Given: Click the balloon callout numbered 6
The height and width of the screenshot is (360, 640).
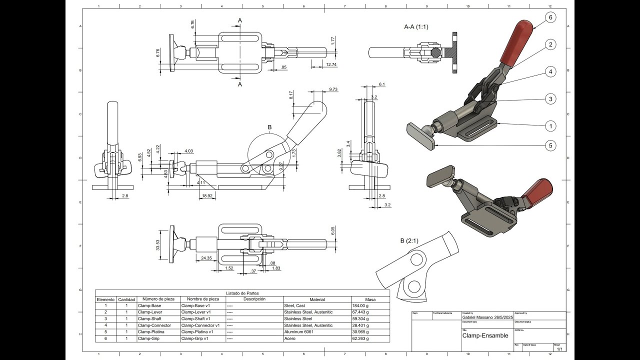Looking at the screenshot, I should point(550,17).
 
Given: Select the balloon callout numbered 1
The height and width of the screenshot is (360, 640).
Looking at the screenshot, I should point(550,126).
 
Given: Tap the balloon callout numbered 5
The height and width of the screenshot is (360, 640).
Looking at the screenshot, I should point(550,146).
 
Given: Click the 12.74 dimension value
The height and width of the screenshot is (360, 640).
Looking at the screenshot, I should point(330,64).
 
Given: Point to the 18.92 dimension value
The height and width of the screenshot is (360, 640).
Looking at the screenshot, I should point(207,195).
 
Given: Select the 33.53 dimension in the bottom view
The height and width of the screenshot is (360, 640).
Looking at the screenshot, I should point(158,245).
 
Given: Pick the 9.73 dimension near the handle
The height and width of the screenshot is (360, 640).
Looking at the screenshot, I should point(333,89).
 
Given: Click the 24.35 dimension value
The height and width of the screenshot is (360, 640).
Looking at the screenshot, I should point(206,258).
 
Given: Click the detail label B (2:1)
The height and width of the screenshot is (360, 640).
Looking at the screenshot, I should point(409,240).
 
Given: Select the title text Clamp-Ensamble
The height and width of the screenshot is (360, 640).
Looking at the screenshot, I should point(485,335).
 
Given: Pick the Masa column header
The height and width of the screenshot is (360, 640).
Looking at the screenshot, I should point(370,299).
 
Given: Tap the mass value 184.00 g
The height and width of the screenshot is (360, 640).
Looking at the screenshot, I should point(360,305).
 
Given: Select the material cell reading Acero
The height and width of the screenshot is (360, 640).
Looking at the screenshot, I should point(290,338).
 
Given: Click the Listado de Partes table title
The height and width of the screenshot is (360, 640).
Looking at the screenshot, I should point(242,293).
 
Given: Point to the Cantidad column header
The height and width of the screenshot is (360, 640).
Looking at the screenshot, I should point(126,299).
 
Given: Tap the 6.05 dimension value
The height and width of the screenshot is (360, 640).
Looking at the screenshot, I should point(333,230).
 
